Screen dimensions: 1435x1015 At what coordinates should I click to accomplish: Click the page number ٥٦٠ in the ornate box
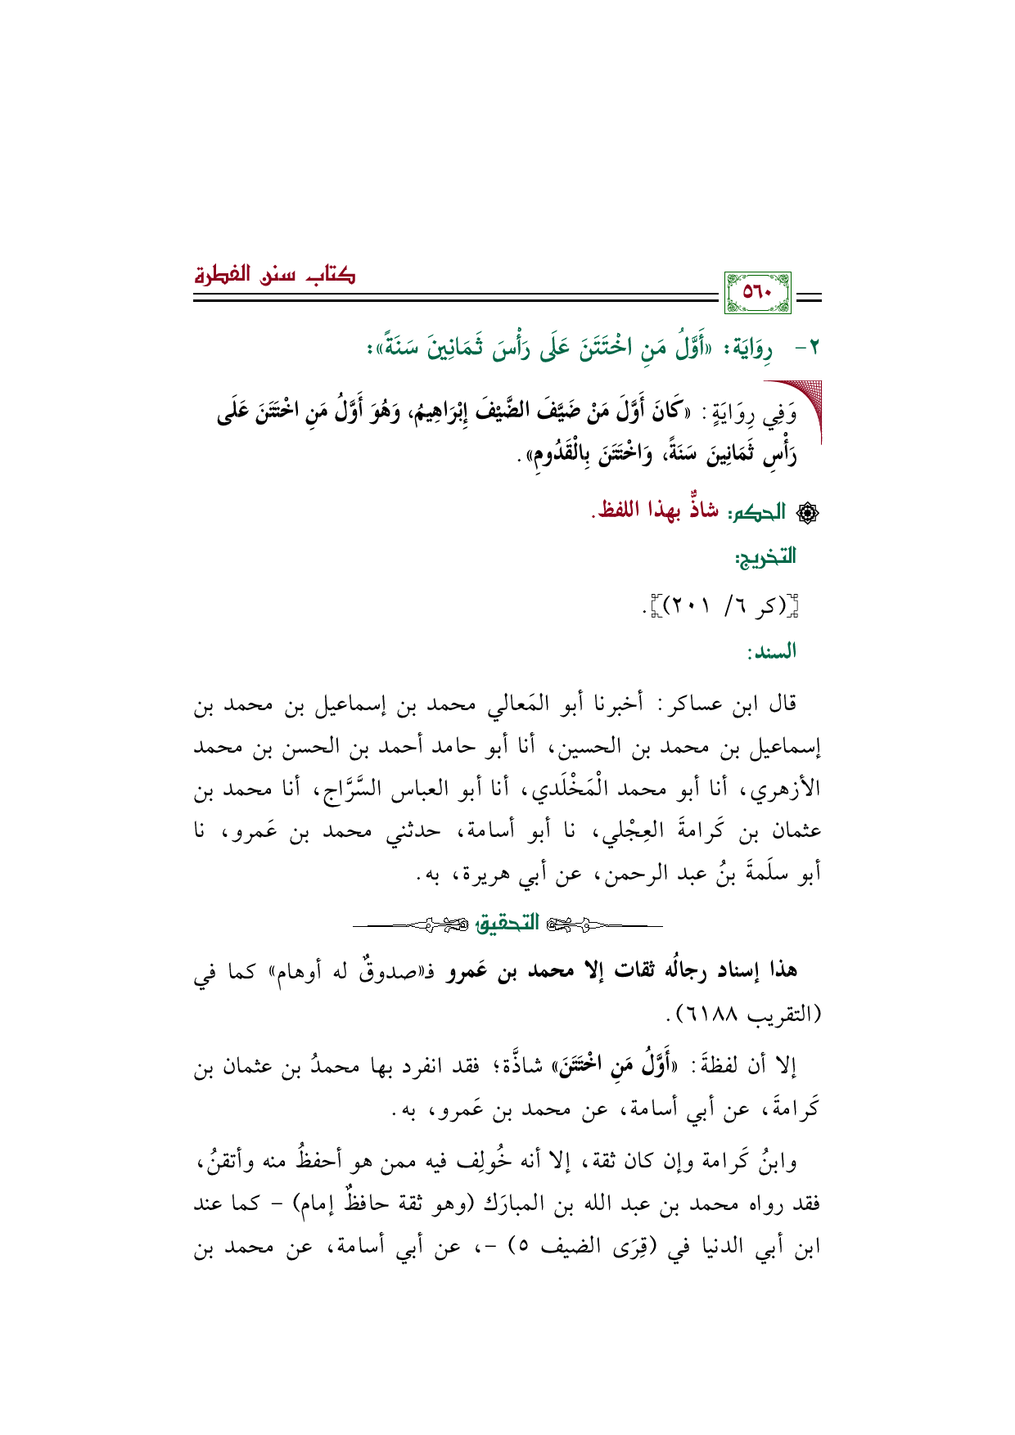(758, 293)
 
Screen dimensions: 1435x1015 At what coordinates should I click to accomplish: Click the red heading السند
(771, 651)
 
